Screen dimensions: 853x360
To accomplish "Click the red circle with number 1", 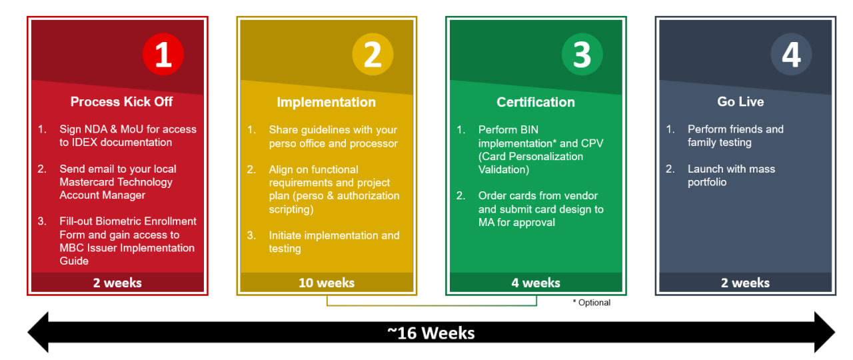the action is [163, 54].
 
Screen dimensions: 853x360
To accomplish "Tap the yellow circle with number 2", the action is [373, 54].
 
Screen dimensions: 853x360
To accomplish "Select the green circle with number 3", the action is [582, 54].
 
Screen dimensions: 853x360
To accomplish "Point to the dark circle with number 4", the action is [791, 54].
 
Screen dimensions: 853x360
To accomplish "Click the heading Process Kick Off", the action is [121, 102].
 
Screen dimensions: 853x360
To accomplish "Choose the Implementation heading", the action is [327, 102].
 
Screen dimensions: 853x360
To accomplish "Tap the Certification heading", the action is [536, 102].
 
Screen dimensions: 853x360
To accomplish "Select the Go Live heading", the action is [740, 102].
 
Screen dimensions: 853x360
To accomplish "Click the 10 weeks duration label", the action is [327, 283].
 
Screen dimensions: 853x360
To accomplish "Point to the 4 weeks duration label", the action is [536, 283].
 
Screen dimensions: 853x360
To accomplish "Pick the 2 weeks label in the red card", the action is [117, 283].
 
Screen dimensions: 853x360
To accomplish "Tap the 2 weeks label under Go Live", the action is [745, 283].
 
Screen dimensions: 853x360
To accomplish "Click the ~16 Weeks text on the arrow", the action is [431, 333].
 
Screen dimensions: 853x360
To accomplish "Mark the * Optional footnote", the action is [591, 303].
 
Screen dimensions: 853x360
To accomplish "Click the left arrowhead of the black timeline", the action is [38, 332].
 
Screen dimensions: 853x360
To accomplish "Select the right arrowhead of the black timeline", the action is [825, 332].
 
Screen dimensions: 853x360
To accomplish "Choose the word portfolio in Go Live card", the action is [707, 183].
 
